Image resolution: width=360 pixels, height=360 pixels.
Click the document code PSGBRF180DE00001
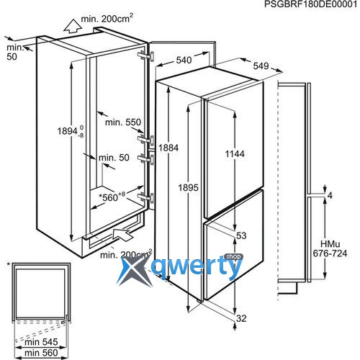(x=310, y=4)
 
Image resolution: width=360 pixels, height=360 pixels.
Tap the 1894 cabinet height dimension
(x=71, y=131)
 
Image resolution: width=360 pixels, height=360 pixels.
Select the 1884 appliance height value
(x=168, y=148)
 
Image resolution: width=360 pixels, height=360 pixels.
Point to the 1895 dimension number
(x=189, y=187)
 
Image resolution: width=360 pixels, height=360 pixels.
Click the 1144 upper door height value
(x=235, y=154)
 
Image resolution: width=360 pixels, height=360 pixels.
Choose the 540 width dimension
(x=184, y=60)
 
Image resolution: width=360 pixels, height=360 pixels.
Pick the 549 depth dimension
(x=261, y=66)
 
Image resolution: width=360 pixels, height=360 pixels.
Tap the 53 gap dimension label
(x=241, y=235)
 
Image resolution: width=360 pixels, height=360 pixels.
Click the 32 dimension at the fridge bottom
(x=241, y=318)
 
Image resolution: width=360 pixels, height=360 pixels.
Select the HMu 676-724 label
(x=330, y=248)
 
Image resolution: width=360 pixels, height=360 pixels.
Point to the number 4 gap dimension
(x=330, y=196)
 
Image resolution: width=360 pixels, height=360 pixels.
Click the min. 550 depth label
(x=123, y=122)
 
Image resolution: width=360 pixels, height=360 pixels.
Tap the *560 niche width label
(x=112, y=197)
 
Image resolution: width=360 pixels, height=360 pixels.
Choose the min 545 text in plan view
(x=41, y=342)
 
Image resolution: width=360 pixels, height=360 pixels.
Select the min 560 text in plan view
(x=41, y=353)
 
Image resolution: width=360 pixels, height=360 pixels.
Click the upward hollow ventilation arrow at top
(x=73, y=26)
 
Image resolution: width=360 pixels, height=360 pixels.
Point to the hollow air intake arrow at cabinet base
(x=122, y=234)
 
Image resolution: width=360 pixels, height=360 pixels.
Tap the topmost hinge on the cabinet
(x=146, y=56)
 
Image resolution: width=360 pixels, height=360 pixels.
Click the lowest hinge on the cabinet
(x=146, y=197)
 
